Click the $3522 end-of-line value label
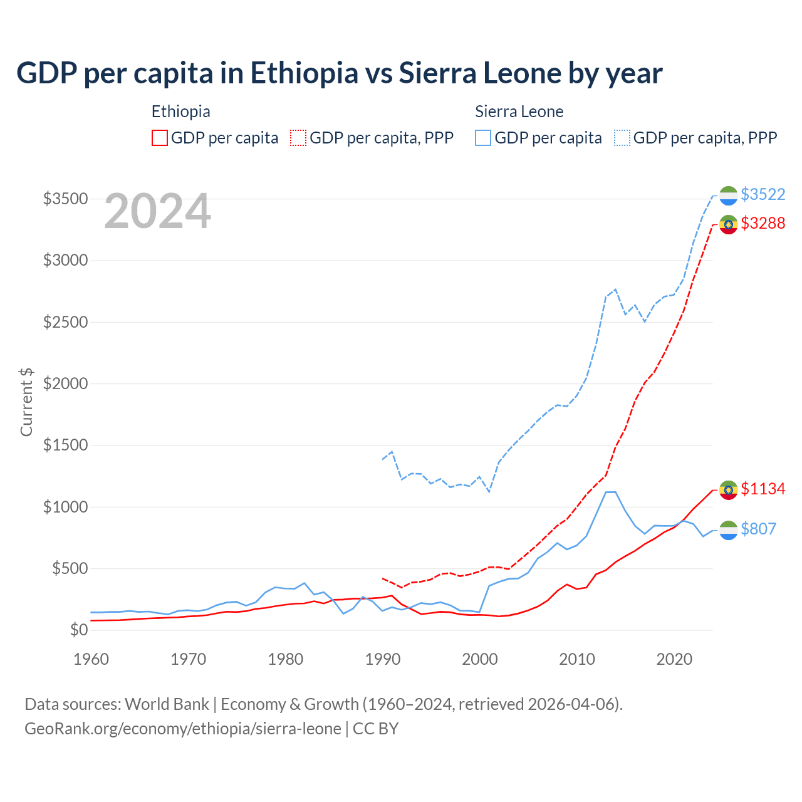pyautogui.click(x=763, y=195)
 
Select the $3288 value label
pyautogui.click(x=763, y=223)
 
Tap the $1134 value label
pyautogui.click(x=763, y=489)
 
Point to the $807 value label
pyautogui.click(x=758, y=529)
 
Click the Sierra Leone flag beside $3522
pyautogui.click(x=728, y=195)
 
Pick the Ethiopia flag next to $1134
pyautogui.click(x=728, y=489)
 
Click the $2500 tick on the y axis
pyautogui.click(x=65, y=322)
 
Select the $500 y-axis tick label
pyautogui.click(x=70, y=569)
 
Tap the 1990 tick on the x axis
pyautogui.click(x=383, y=659)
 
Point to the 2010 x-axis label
pyautogui.click(x=577, y=659)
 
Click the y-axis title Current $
pyautogui.click(x=26, y=402)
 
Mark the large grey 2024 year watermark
pyautogui.click(x=157, y=211)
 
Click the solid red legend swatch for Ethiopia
pyautogui.click(x=160, y=138)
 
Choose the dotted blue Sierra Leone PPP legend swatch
pyautogui.click(x=622, y=138)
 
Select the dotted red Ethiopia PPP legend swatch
pyautogui.click(x=299, y=138)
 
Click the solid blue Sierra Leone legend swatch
pyautogui.click(x=483, y=138)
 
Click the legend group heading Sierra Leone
pyautogui.click(x=519, y=112)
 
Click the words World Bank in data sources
pyautogui.click(x=167, y=704)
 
